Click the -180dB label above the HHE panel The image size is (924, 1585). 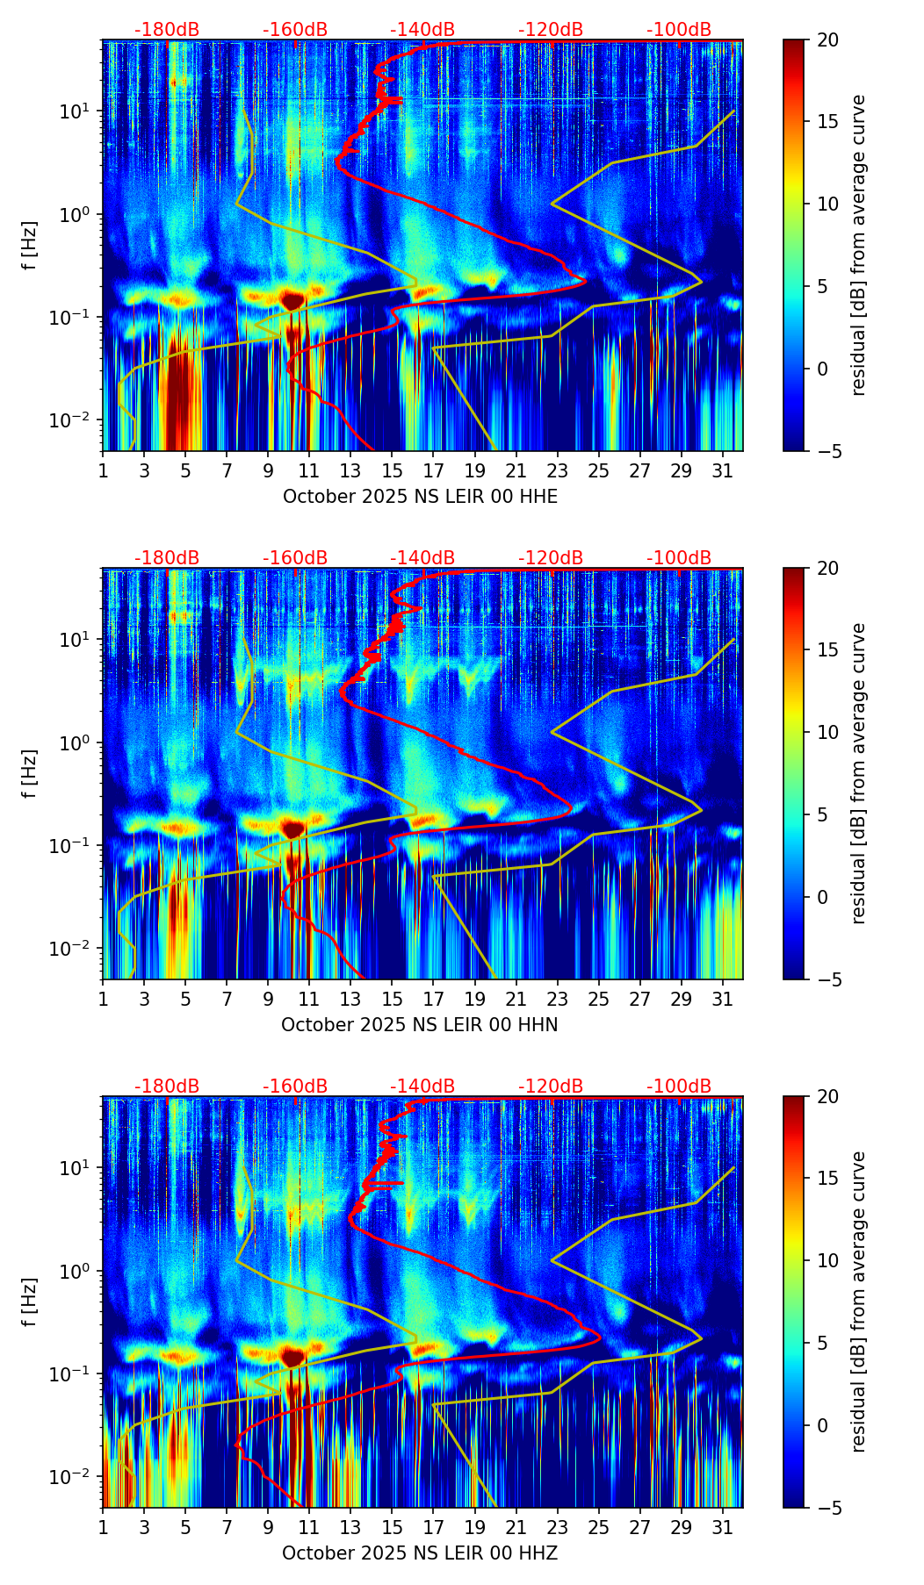coord(167,30)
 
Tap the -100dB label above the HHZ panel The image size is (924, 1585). coord(679,1087)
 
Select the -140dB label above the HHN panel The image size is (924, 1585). coord(422,558)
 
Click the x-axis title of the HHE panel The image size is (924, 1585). coord(420,497)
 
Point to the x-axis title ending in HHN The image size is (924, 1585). coord(420,1025)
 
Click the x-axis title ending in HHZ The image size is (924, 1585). coord(420,1553)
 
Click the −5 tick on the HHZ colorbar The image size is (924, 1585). coord(827,1508)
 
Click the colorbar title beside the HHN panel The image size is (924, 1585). coord(859,773)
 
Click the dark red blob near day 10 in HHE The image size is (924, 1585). coord(292,301)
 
